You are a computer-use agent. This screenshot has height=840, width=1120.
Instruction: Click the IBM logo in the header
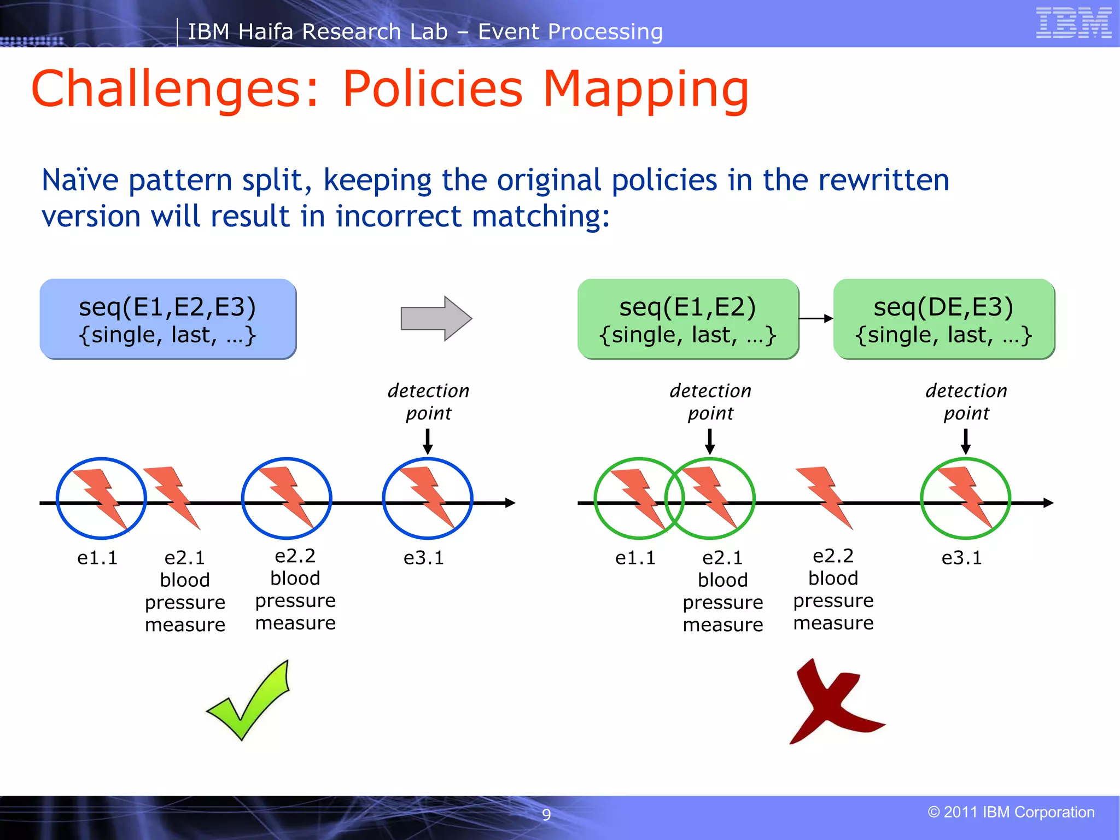pos(1074,23)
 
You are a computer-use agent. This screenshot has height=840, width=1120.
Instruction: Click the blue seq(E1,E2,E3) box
pos(168,319)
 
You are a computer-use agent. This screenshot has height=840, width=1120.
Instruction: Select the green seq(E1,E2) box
pos(688,319)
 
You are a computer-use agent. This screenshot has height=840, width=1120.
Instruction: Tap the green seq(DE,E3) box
pos(943,319)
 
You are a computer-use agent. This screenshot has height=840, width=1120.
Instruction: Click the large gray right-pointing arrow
pos(436,318)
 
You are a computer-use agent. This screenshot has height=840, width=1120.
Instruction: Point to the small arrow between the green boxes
pos(816,318)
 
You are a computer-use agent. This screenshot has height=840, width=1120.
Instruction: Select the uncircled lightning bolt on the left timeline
pos(171,497)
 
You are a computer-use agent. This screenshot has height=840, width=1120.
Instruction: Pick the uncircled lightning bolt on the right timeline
pos(824,497)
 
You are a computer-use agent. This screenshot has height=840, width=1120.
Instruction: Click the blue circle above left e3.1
pos(427,498)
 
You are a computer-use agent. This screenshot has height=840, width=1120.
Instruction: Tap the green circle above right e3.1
pos(965,498)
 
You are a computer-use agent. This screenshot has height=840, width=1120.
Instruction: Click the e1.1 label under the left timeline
pos(97,558)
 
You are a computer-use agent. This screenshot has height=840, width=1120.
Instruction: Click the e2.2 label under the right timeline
pos(833,556)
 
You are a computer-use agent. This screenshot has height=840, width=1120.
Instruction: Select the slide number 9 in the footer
pos(546,814)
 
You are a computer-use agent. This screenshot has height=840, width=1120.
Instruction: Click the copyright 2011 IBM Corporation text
pos(1011,812)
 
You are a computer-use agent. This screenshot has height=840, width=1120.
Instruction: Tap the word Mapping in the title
pos(645,90)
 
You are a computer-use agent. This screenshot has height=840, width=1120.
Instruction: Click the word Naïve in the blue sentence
pos(80,180)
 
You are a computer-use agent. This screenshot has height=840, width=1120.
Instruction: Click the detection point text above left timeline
pos(428,402)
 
